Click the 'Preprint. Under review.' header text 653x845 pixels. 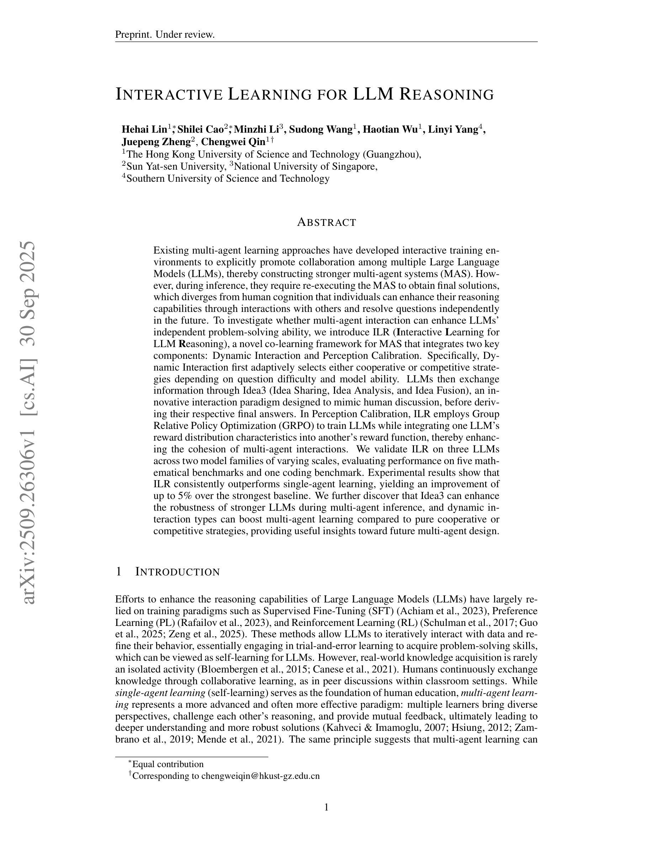click(x=165, y=35)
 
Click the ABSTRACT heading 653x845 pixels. click(x=326, y=223)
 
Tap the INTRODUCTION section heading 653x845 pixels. click(x=177, y=572)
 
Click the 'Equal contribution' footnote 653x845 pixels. click(x=168, y=764)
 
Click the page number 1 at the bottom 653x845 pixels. click(x=326, y=807)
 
